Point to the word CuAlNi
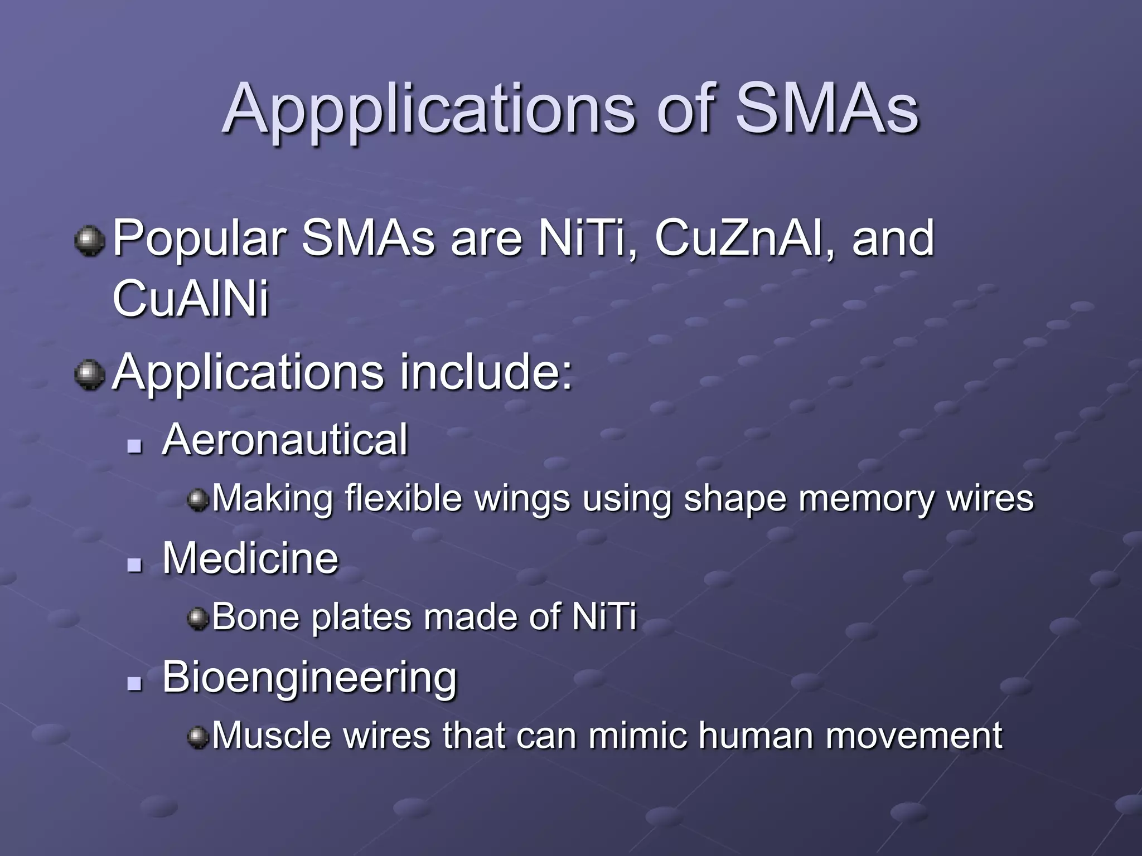tap(191, 299)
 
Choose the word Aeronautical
tap(285, 440)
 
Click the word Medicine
tap(250, 558)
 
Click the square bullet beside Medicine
tap(134, 566)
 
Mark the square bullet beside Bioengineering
tap(134, 684)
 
